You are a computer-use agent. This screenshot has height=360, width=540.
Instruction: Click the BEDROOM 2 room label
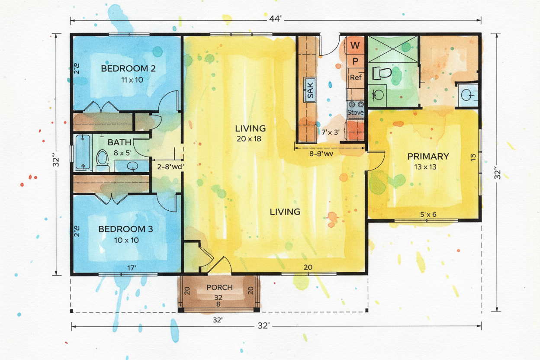pos(128,69)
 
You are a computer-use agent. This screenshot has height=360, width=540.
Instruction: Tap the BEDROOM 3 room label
pos(125,229)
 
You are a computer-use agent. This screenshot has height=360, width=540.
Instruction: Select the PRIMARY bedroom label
pos(428,157)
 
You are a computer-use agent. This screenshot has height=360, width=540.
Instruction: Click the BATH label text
pos(119,142)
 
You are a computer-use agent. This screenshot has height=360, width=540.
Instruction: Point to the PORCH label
pos(220,287)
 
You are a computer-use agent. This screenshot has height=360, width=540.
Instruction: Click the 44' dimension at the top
pos(275,19)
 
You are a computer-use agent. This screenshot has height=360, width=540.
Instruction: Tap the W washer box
pos(355,45)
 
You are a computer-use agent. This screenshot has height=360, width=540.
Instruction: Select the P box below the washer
pos(355,61)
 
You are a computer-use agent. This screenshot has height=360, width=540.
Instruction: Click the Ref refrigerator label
pos(356,77)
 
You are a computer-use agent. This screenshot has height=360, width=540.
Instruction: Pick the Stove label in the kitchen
pos(356,112)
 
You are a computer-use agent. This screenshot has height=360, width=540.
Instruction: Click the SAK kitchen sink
pos(309,90)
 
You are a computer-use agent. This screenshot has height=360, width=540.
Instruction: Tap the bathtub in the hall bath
pos(83,152)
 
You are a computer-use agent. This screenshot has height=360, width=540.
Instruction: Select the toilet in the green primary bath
pos(382,73)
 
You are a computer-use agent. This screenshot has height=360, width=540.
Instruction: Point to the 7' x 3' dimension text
pos(331,132)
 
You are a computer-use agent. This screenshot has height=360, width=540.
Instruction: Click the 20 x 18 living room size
pos(249,139)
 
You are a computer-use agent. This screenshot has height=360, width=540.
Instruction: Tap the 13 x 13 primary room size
pos(425,167)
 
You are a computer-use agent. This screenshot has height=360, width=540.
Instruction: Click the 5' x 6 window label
pos(428,214)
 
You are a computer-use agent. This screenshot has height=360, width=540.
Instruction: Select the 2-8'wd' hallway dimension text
pos(170,167)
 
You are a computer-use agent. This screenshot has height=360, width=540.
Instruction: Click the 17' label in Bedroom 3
pos(132,268)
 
